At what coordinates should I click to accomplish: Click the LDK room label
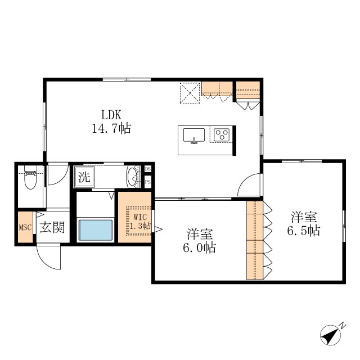pyautogui.click(x=111, y=115)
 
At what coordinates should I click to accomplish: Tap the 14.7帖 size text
pyautogui.click(x=111, y=128)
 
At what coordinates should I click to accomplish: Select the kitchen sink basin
pyautogui.click(x=194, y=136)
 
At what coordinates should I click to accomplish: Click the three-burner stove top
pyautogui.click(x=222, y=135)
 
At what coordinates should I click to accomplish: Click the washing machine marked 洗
pyautogui.click(x=84, y=177)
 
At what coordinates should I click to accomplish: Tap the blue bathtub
pyautogui.click(x=96, y=230)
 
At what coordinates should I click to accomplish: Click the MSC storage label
pyautogui.click(x=25, y=227)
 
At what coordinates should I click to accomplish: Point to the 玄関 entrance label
pyautogui.click(x=52, y=227)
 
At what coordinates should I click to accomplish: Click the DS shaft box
pyautogui.click(x=148, y=169)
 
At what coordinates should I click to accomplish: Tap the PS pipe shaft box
pyautogui.click(x=148, y=182)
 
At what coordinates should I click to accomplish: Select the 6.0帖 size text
pyautogui.click(x=199, y=248)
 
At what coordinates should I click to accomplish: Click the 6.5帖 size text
pyautogui.click(x=304, y=231)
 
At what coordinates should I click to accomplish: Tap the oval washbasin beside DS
pyautogui.click(x=132, y=176)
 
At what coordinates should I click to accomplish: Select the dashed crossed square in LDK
pyautogui.click(x=190, y=93)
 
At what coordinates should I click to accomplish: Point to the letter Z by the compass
pyautogui.click(x=343, y=325)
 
